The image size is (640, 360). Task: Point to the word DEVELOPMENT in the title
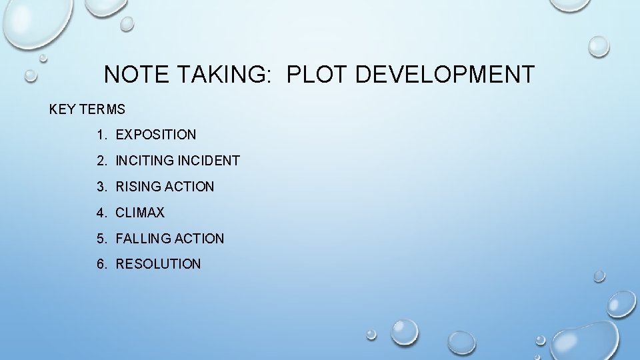pos(445,74)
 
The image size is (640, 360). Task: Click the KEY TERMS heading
pos(87,109)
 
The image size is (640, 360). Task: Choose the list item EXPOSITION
pos(156,135)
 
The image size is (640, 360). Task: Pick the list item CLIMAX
pos(140,213)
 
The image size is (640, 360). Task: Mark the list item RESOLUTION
pos(158,264)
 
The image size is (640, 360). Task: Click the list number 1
pos(100,135)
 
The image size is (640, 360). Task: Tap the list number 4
pos(100,213)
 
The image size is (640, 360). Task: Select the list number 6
pos(100,264)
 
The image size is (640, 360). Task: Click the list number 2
pos(100,161)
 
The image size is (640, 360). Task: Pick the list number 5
pos(100,239)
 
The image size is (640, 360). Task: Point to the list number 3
pos(100,187)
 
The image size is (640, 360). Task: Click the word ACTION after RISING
pos(189,187)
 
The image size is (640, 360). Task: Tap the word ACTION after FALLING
pos(199,239)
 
